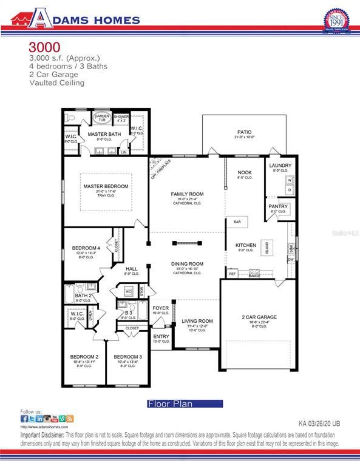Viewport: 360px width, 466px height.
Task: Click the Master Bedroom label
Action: click(x=106, y=186)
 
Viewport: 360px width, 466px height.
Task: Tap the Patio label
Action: click(x=244, y=132)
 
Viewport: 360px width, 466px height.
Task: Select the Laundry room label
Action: click(x=280, y=165)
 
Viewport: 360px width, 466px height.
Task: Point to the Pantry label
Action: click(x=278, y=206)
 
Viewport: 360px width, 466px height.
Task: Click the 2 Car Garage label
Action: click(x=259, y=317)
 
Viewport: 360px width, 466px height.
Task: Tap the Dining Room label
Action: click(x=187, y=264)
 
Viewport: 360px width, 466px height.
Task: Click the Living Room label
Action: click(x=197, y=321)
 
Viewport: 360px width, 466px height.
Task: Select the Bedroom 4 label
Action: click(x=86, y=248)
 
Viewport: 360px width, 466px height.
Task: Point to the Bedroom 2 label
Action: click(x=84, y=357)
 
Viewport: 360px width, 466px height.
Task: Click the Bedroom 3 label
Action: click(x=127, y=357)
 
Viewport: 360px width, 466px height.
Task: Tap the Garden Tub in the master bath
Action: click(x=101, y=118)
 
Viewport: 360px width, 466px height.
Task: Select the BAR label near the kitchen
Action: click(x=236, y=222)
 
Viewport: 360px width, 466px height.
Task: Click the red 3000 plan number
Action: click(x=44, y=47)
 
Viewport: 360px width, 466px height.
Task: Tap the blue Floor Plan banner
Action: click(x=185, y=404)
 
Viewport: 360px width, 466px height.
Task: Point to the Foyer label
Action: click(x=161, y=308)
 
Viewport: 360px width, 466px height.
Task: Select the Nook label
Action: click(x=245, y=173)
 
